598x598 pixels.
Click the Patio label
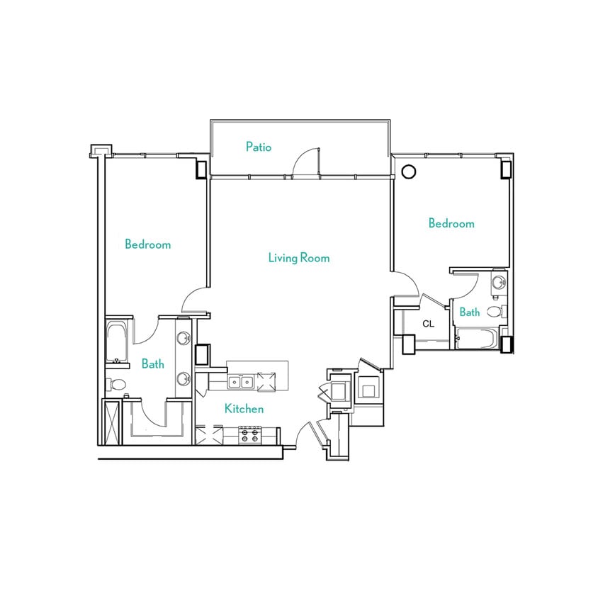(x=259, y=147)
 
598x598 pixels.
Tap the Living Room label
(x=298, y=258)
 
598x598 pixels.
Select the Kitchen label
(x=244, y=409)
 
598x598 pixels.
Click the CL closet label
(x=428, y=324)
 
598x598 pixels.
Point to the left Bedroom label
(x=147, y=244)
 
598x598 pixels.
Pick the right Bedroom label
(x=451, y=223)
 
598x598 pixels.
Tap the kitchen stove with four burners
(x=249, y=434)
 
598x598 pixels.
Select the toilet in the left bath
(x=117, y=385)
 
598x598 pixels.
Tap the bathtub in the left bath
(x=117, y=342)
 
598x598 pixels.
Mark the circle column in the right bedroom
(x=408, y=171)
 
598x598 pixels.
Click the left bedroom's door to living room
(x=193, y=301)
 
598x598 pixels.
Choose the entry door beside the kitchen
(x=306, y=434)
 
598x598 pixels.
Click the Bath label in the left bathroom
(x=152, y=364)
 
